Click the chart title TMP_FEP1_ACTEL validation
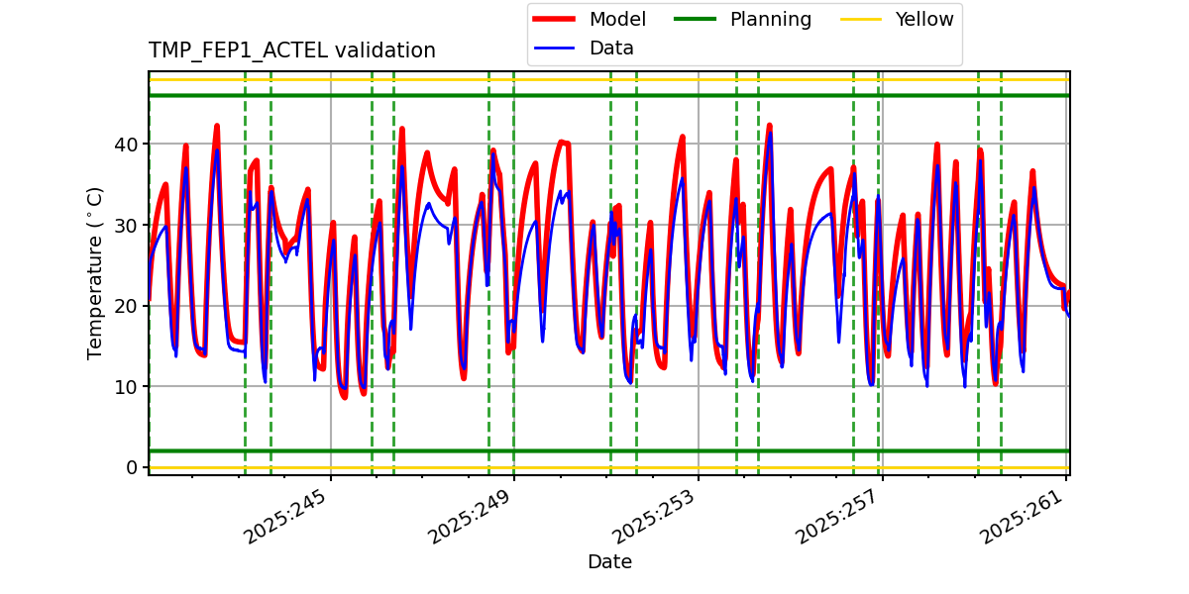(291, 50)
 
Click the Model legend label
(617, 20)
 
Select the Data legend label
(611, 49)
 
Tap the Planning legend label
(770, 20)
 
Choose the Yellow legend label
(923, 20)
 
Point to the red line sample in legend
(557, 20)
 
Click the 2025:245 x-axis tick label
(286, 516)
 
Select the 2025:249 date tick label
(471, 516)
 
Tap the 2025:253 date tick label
(655, 516)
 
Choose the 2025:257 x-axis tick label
(838, 516)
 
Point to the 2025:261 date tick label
(1023, 516)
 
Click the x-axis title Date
(609, 562)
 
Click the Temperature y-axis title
(95, 272)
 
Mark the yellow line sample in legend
(864, 20)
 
